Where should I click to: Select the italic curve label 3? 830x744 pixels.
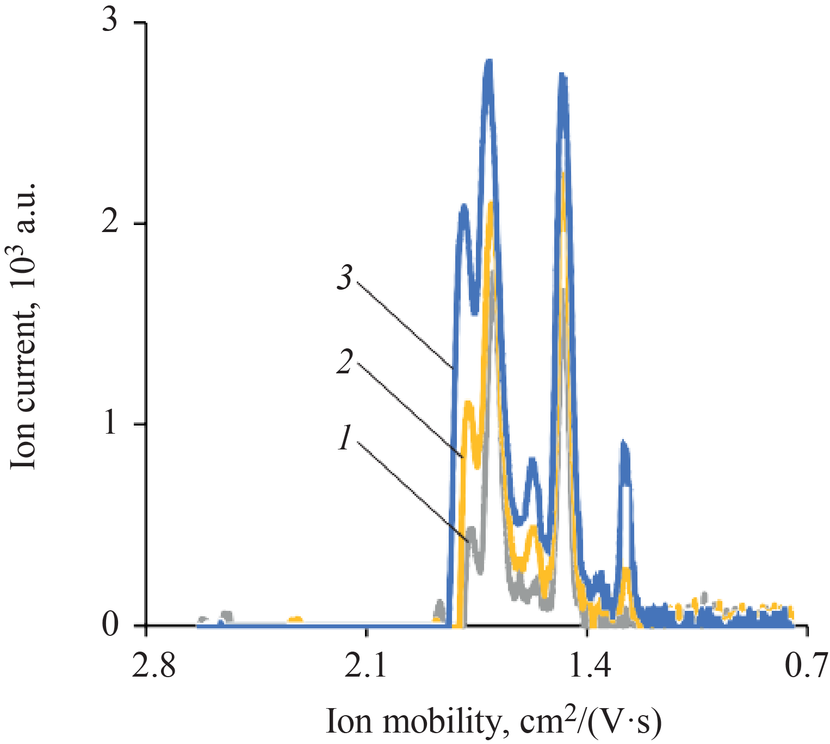coord(344,278)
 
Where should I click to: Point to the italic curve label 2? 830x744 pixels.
coord(344,362)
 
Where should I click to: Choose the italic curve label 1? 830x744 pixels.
coord(344,438)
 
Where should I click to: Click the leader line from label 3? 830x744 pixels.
coord(405,324)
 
